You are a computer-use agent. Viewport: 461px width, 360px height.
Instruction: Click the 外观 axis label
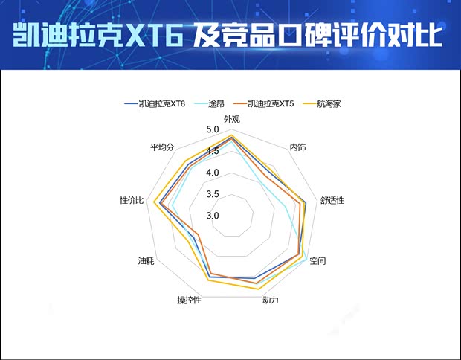[x=232, y=119]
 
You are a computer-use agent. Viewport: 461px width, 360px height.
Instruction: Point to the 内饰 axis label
[x=297, y=147]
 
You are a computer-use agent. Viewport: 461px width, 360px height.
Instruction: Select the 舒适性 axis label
[x=332, y=201]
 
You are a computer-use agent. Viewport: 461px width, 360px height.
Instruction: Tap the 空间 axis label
[x=317, y=262]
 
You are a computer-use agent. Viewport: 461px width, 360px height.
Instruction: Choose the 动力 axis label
[x=271, y=300]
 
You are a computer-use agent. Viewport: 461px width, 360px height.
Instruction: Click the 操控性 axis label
[x=189, y=300]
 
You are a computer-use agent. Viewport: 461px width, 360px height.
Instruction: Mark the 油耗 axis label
[x=146, y=261]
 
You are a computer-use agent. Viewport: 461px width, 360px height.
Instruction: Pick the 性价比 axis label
[x=132, y=201]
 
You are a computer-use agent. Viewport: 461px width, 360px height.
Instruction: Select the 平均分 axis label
[x=162, y=147]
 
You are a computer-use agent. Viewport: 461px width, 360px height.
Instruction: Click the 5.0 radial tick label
[x=213, y=130]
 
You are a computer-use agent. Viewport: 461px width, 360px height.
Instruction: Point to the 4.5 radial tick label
[x=213, y=152]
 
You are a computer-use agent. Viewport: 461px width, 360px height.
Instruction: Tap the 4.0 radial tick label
[x=213, y=173]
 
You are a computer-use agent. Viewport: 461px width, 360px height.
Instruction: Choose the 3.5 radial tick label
[x=213, y=195]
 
